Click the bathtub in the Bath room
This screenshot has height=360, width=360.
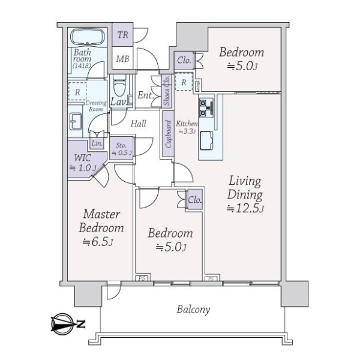(88, 37)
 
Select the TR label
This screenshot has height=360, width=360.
(122, 35)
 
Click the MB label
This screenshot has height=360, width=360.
(122, 59)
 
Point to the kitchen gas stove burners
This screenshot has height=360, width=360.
(203, 108)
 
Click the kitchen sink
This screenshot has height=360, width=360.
(206, 140)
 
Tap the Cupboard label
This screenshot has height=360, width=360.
(168, 134)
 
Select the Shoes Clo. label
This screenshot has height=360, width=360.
(167, 90)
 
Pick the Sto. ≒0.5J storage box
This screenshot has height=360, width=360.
(121, 148)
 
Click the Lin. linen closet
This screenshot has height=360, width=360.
(97, 143)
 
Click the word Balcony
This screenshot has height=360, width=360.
(193, 310)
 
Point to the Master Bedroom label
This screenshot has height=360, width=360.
(101, 221)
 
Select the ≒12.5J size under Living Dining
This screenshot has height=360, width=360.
(245, 208)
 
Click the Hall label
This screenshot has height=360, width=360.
(138, 124)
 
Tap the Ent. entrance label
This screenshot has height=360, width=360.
(146, 95)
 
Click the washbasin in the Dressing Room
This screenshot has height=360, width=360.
(76, 121)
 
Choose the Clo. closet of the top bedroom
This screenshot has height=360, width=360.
(184, 61)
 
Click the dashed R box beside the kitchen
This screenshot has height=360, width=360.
(184, 82)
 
